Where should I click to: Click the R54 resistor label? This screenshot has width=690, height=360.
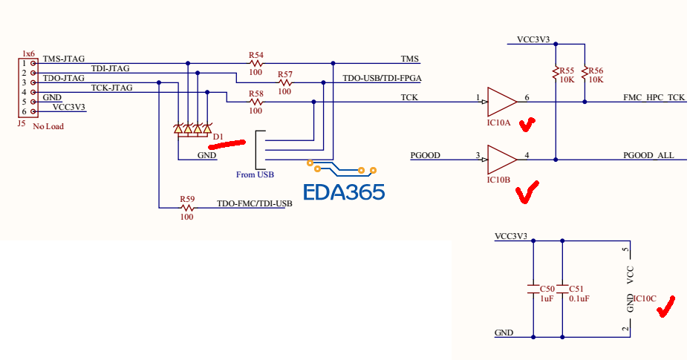[x=256, y=55]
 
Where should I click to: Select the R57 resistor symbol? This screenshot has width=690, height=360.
[x=284, y=82]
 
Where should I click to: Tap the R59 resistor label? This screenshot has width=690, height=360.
[x=186, y=199]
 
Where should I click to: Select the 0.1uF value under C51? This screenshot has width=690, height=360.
[x=579, y=298]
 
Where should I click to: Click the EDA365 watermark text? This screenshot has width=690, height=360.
[x=344, y=192]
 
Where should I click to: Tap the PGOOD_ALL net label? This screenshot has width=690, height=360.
[x=648, y=155]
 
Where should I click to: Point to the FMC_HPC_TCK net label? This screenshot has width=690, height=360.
[x=654, y=98]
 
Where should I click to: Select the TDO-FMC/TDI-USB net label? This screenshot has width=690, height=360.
[x=254, y=203]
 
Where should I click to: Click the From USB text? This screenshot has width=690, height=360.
[x=255, y=175]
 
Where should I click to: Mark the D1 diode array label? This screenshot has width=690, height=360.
[x=218, y=136]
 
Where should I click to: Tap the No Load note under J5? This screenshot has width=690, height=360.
[x=48, y=126]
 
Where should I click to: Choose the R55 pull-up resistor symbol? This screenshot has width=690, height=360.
[x=556, y=73]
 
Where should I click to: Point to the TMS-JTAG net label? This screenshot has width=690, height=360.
[x=64, y=59]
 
